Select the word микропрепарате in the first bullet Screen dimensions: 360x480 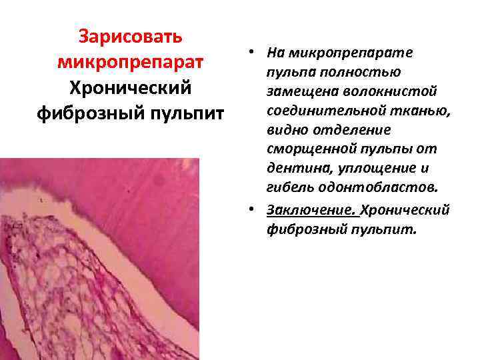[351, 52]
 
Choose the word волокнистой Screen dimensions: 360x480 [399, 89]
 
